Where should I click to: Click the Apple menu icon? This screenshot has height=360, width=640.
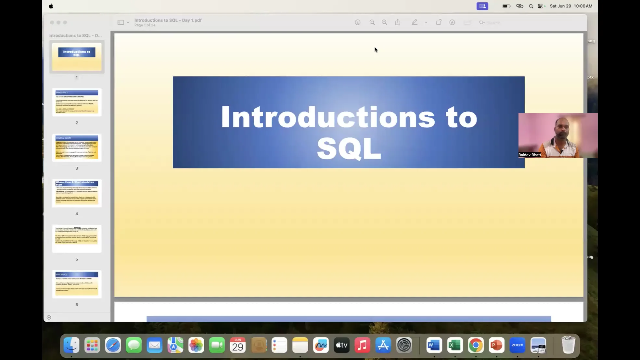tap(51, 6)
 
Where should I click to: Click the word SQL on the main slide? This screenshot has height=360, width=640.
tap(349, 148)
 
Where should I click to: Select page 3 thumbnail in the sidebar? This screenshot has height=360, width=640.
tap(77, 148)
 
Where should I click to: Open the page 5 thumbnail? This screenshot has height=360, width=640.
tap(77, 239)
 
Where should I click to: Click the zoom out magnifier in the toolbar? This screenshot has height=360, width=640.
tap(372, 22)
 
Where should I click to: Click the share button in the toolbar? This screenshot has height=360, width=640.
tap(398, 22)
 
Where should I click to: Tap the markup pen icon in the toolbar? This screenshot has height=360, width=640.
tap(415, 22)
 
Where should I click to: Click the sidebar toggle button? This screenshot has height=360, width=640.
tap(121, 22)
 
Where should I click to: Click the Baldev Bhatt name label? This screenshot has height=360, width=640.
tap(530, 155)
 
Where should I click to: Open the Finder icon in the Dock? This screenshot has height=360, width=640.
tap(71, 345)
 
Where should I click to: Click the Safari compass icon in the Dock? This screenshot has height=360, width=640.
tap(113, 345)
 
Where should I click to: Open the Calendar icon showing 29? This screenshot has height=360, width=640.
tap(238, 345)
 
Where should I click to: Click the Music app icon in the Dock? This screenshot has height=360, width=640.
tap(363, 345)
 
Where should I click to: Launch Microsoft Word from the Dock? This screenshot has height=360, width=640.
tap(434, 345)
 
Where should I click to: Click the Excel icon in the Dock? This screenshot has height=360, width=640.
tap(455, 345)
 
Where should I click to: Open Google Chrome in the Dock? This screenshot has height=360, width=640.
tap(476, 345)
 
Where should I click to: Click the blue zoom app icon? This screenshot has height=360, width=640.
tap(517, 345)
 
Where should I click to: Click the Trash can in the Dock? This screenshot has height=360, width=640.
tap(568, 345)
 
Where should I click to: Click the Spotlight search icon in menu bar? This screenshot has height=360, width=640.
tap(531, 6)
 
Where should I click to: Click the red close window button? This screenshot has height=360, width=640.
tap(52, 22)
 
